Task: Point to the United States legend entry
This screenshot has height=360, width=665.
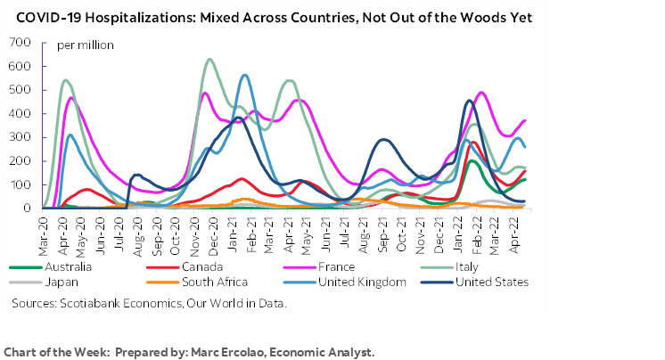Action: coord(491,282)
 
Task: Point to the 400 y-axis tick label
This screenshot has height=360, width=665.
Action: coord(19,114)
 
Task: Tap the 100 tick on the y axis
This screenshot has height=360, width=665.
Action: coord(19,184)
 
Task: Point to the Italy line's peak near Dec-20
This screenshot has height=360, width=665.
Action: coord(209,60)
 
